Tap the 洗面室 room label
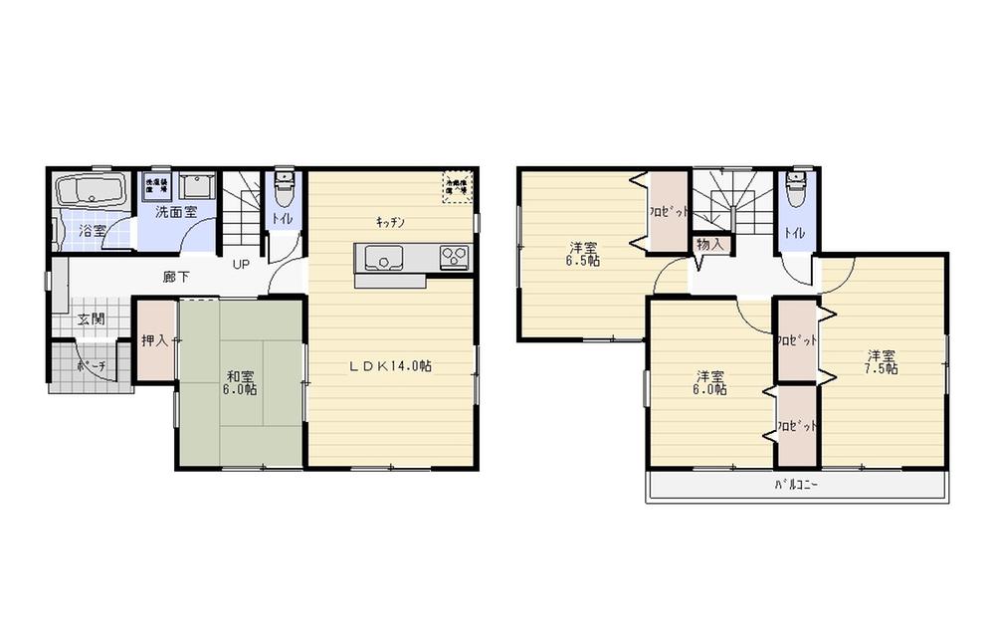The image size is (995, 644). coord(175,212)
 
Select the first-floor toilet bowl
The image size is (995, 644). coord(283,185)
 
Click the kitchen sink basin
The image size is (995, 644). coord(382,259)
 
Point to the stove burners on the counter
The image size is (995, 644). coord(454,258)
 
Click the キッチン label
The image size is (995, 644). coord(389,222)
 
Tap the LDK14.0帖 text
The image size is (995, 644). coord(389,365)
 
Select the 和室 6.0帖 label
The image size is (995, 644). coord(241,383)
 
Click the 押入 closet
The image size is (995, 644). coord(154,340)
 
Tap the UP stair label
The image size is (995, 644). coord(241,265)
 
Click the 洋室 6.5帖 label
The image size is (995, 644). coord(583,254)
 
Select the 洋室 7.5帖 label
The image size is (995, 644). coord(881,361)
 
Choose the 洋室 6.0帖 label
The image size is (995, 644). coord(710,383)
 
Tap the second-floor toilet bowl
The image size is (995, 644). coord(794,186)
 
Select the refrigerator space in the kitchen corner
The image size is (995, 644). coord(457,186)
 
